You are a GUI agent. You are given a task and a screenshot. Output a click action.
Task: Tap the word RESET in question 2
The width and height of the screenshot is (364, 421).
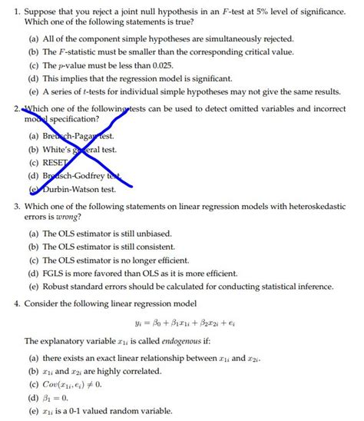[x=58, y=163]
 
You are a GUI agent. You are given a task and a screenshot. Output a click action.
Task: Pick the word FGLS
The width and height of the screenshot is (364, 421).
[x=55, y=273]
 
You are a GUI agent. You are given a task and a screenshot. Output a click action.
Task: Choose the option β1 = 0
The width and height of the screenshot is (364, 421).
[x=57, y=398]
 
